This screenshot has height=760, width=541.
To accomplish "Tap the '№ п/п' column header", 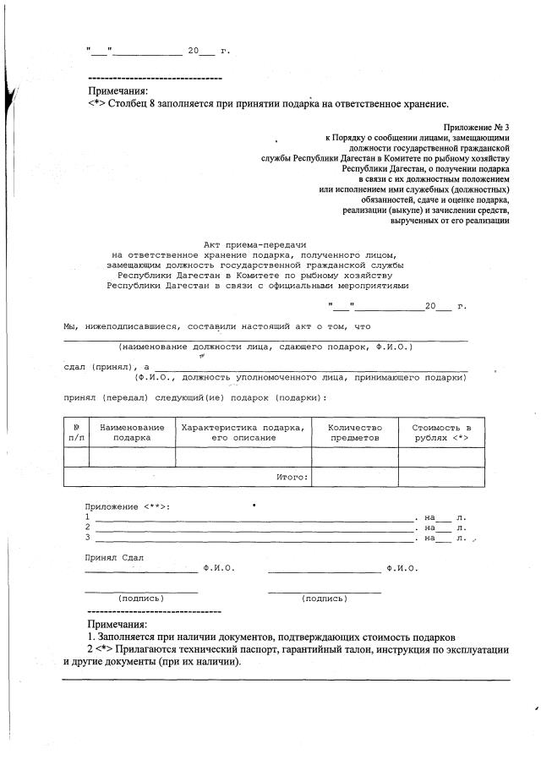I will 76,432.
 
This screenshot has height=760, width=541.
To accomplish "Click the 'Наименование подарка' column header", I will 132,432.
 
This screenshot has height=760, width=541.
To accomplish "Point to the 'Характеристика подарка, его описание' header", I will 243,432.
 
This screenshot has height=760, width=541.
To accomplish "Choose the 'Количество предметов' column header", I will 355,432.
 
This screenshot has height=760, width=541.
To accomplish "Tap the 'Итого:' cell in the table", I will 292,477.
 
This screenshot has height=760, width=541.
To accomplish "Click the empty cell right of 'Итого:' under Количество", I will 355,477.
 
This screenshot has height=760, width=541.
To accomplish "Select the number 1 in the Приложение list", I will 87,516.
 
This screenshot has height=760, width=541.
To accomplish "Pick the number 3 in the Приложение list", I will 87,537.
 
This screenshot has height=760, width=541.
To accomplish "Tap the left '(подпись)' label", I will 141,598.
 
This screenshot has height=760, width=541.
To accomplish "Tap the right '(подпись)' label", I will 324,598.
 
